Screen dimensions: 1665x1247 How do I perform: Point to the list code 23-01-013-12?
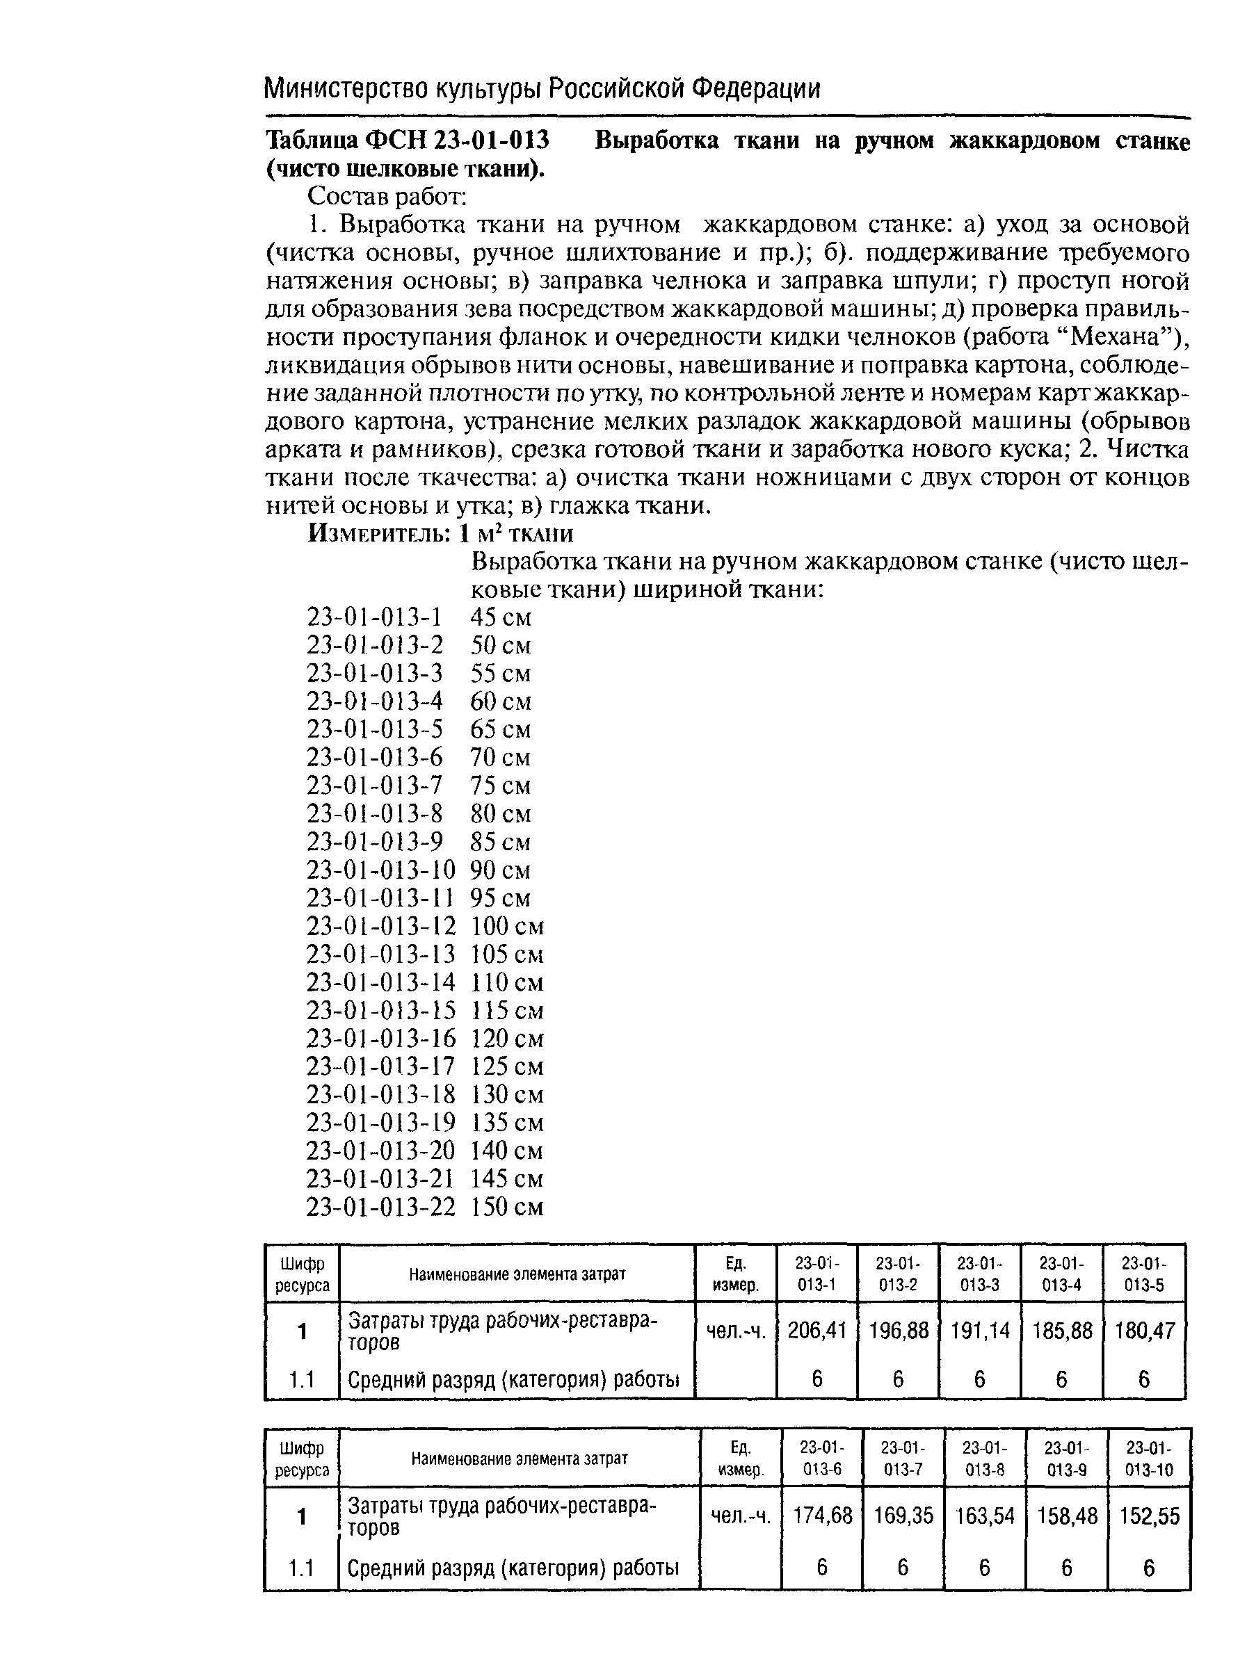(x=381, y=926)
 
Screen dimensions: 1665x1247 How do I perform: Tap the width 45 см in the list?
(x=501, y=617)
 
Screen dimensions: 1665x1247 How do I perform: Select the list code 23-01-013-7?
(x=374, y=786)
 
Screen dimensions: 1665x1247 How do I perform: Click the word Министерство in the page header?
(x=348, y=90)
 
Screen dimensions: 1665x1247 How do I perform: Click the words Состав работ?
(x=388, y=197)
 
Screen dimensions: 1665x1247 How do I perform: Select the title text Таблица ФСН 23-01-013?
(x=408, y=140)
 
